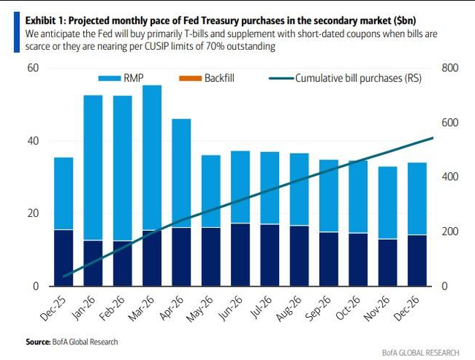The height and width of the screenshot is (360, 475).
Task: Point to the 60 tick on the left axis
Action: click(33, 68)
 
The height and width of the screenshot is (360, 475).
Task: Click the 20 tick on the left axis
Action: click(33, 214)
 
